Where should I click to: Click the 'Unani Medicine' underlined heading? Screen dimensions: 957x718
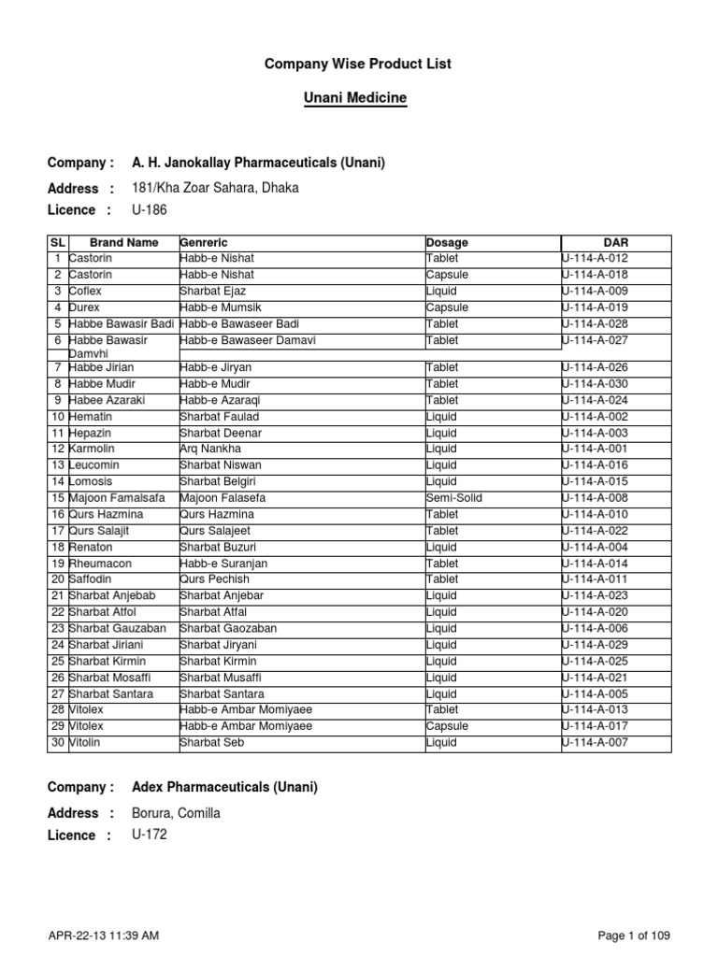359,97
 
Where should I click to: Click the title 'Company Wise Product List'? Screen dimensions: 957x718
359,64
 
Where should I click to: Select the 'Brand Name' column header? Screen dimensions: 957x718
123,243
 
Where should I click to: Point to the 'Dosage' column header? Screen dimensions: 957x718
447,243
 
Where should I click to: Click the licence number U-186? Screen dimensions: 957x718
151,209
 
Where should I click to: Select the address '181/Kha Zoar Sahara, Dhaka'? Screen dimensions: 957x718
216,188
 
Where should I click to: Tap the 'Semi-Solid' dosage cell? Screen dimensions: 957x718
454,498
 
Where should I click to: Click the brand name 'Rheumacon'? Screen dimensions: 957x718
101,564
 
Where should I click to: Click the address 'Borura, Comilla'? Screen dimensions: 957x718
177,813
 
